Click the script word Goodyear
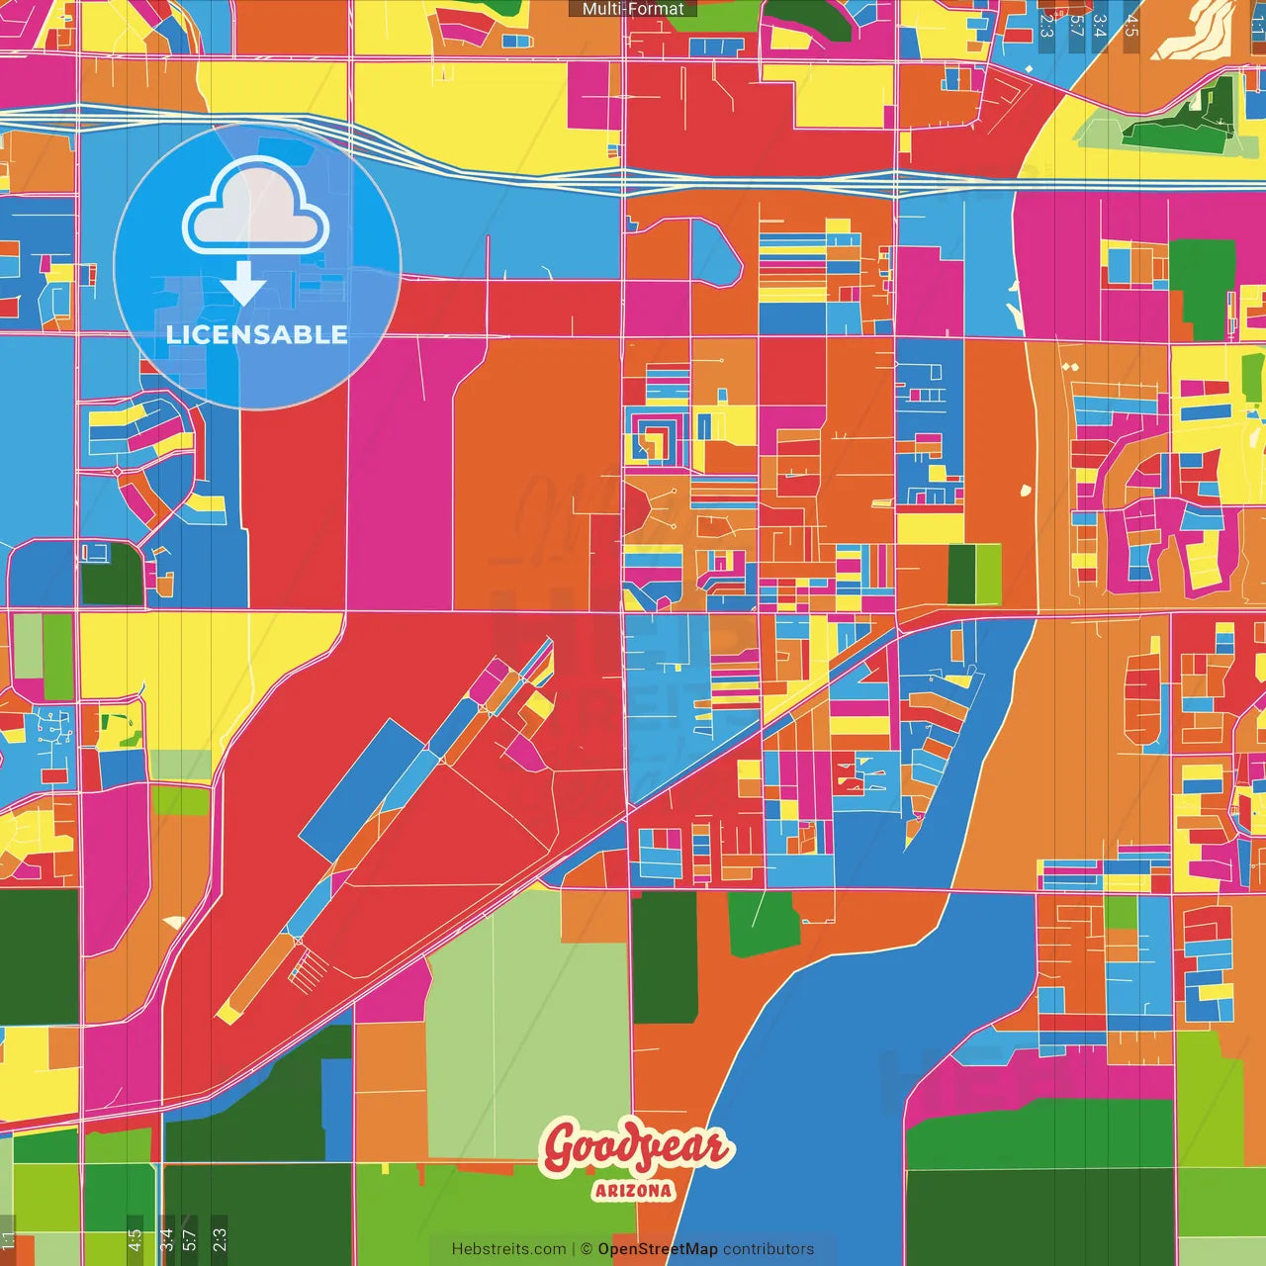(x=635, y=1147)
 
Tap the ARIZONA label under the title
(x=633, y=1191)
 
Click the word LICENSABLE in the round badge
(x=256, y=334)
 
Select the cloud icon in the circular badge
(x=256, y=208)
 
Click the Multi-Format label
(x=633, y=9)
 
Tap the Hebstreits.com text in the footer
(x=508, y=1249)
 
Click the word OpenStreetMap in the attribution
(x=657, y=1249)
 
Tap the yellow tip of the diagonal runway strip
(x=226, y=1013)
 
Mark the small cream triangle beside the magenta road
(x=174, y=922)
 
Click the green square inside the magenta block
(x=1202, y=287)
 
